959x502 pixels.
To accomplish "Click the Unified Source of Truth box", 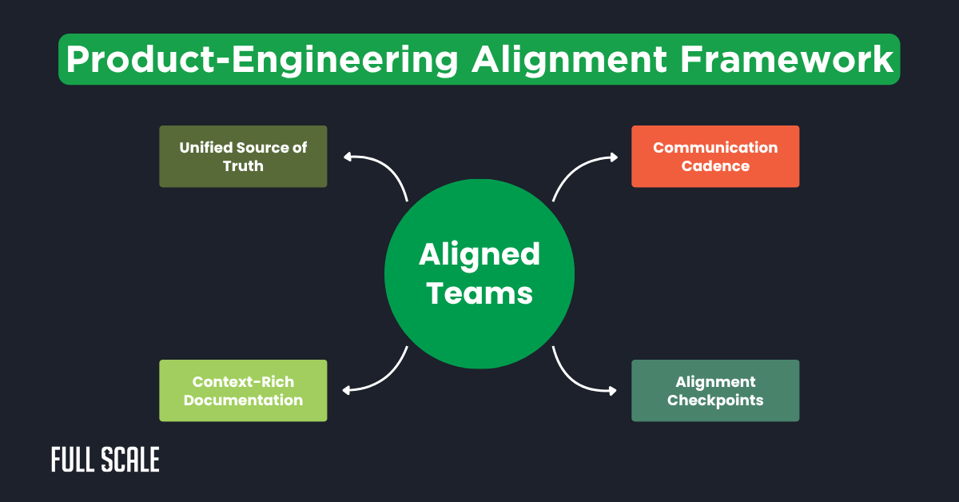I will click(x=243, y=157).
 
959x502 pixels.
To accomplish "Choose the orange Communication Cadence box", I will click(x=715, y=157).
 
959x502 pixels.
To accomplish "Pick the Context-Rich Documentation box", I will click(x=243, y=390).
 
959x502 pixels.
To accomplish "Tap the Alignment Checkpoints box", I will click(x=715, y=390).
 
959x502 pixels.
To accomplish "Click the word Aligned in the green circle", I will click(x=479, y=255).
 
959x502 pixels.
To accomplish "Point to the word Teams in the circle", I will click(x=479, y=293).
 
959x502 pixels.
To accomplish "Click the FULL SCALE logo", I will click(x=105, y=460).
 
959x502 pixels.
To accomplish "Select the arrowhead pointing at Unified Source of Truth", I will click(x=348, y=157).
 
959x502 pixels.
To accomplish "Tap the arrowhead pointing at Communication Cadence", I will click(x=613, y=157).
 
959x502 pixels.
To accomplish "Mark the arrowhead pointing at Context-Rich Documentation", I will click(x=348, y=390).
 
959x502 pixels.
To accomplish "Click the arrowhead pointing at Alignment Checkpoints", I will click(x=613, y=391).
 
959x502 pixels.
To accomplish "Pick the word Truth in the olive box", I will click(x=243, y=166).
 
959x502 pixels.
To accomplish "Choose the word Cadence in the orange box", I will click(x=715, y=166).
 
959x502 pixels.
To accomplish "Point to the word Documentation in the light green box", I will click(x=243, y=400).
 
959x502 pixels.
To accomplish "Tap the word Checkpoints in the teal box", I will click(x=715, y=400).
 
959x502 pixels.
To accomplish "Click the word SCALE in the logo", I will click(x=130, y=460).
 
